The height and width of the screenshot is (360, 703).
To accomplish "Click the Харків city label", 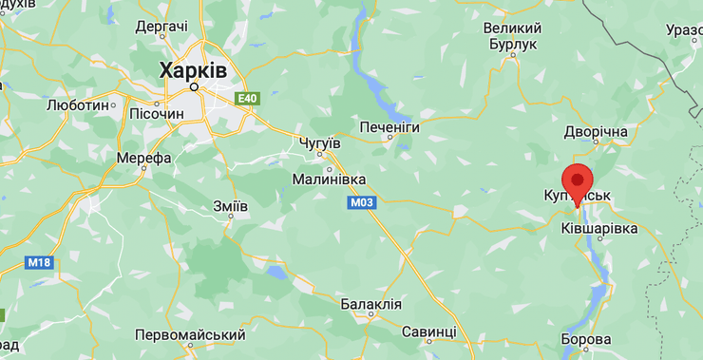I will click(x=193, y=69).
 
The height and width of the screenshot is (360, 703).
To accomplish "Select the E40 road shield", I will click(x=247, y=98).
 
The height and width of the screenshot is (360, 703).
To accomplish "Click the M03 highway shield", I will click(x=362, y=202).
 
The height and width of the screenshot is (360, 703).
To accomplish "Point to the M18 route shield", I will click(x=38, y=262).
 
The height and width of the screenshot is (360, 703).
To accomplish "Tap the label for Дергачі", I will click(x=161, y=27).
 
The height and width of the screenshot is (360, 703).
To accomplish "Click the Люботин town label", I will click(x=78, y=104).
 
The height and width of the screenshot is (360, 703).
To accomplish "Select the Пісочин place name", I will click(x=156, y=114).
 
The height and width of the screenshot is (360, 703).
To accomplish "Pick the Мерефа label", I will click(x=143, y=158).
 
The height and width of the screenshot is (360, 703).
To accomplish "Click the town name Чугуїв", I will click(x=319, y=142).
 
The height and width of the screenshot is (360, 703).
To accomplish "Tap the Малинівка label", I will click(x=328, y=179).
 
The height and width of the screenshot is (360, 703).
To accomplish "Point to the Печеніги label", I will click(x=389, y=126).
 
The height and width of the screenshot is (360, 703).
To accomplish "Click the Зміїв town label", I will click(x=231, y=206).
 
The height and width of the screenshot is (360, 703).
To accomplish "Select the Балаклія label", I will click(x=370, y=305).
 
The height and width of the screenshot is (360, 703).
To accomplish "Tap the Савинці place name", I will click(x=428, y=332).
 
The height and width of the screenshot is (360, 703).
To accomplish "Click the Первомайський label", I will click(x=190, y=335).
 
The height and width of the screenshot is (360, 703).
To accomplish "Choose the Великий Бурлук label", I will click(x=514, y=36).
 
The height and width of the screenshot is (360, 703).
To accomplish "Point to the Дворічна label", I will click(x=596, y=130).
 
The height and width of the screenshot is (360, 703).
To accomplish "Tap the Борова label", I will click(x=586, y=339).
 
